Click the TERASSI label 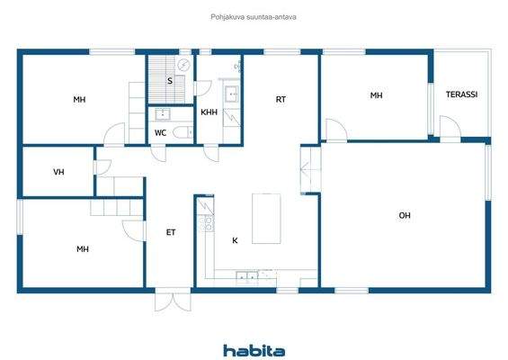coord(461,94)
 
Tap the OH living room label coord(405,215)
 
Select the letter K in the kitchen coord(235,240)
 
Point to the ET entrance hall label coord(170,232)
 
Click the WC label coord(160,133)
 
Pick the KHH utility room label coord(209,112)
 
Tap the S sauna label coord(169,81)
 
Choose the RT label coord(281,100)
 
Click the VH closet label coord(58,171)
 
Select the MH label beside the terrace coord(376,94)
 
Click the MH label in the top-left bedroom coord(80,100)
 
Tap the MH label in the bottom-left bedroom coord(82,249)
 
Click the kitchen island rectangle coord(265,218)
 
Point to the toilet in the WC coord(183,133)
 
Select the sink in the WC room coord(163,114)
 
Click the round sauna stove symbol coord(183,65)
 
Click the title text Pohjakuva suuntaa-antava coord(254,16)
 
